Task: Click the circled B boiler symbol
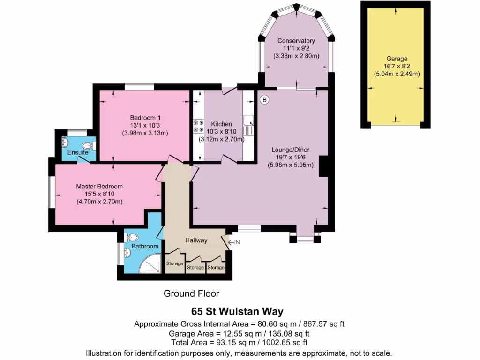(264, 99)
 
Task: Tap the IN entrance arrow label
(236, 242)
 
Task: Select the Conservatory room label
(296, 41)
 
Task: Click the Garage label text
(397, 59)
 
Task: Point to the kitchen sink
(248, 120)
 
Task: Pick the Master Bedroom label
(99, 186)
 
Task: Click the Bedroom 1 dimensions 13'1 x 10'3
(145, 125)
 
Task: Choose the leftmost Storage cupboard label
(175, 263)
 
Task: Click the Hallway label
(196, 240)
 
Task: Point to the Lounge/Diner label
(290, 150)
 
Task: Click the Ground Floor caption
(191, 294)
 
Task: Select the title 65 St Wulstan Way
(237, 311)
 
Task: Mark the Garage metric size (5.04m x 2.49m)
(397, 74)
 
